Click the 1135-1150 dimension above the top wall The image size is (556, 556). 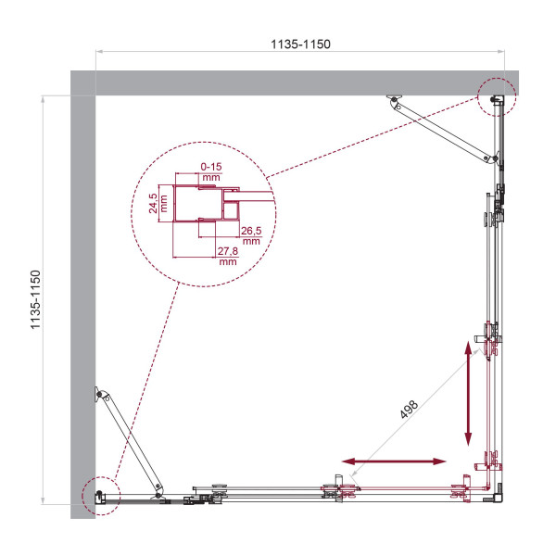pos(298,44)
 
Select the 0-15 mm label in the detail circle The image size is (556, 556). pos(211,171)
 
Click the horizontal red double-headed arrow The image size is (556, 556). pos(394,461)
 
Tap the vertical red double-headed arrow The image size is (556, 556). pos(470,392)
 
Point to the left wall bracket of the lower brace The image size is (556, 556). pos(98,395)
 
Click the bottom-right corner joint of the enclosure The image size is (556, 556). pos(499,493)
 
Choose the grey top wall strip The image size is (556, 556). pos(297,82)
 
